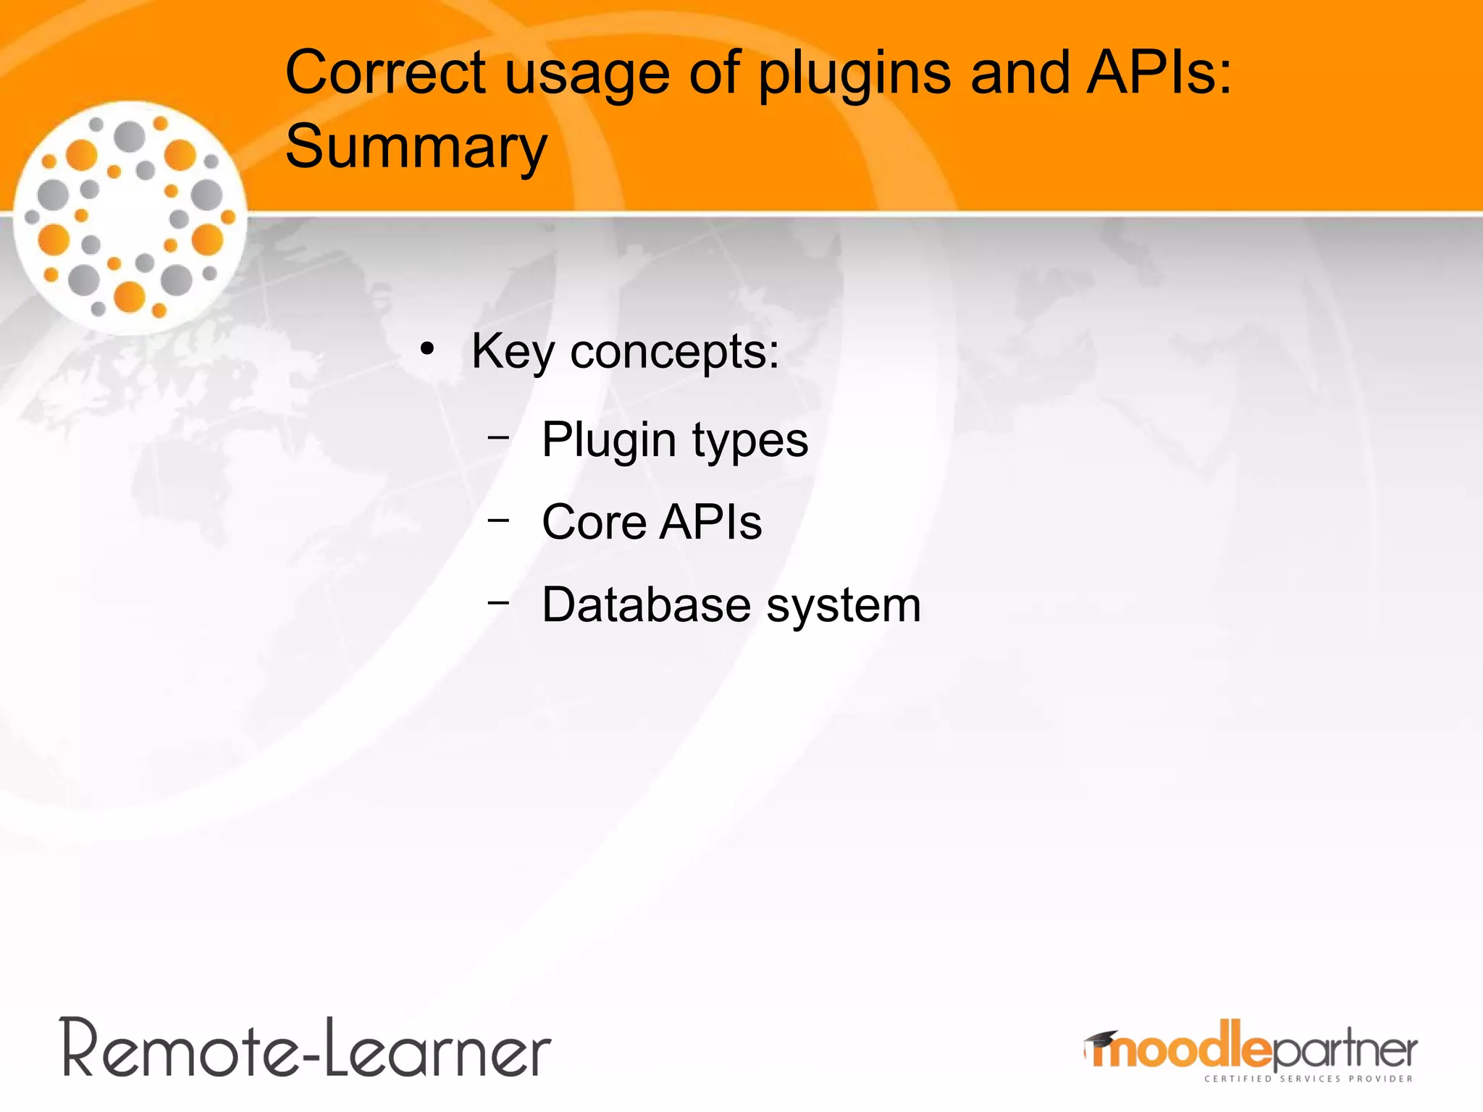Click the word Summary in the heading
[x=416, y=148]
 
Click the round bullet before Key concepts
[x=427, y=350]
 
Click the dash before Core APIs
[x=498, y=519]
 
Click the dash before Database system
[x=498, y=602]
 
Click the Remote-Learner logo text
[x=306, y=1048]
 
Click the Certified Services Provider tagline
[x=1308, y=1079]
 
